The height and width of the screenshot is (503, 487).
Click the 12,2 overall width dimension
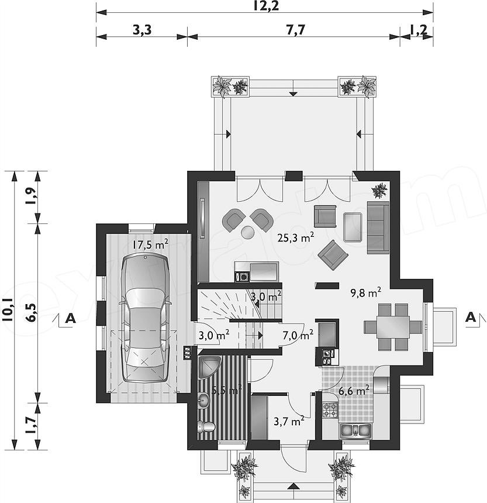(x=265, y=5)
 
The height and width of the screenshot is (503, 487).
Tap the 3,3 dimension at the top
(x=141, y=30)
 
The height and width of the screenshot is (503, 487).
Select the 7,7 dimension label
(x=295, y=30)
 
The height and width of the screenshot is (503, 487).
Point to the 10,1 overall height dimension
(x=7, y=309)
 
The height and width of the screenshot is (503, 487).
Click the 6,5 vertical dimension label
(x=32, y=313)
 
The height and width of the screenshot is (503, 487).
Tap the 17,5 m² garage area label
(x=150, y=245)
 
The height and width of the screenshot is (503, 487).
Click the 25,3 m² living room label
(x=296, y=238)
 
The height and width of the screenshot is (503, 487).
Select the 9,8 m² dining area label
(x=366, y=292)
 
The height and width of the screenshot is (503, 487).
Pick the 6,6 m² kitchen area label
(x=354, y=391)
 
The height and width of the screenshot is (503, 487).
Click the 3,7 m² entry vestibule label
(x=289, y=421)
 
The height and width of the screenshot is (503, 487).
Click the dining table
(x=393, y=327)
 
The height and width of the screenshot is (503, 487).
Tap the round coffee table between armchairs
(x=247, y=232)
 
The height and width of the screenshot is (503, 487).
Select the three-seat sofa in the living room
(x=378, y=228)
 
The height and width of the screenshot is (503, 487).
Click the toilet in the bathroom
(x=206, y=426)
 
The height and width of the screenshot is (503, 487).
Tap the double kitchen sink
(x=355, y=430)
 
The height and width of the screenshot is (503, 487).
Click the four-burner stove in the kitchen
(x=330, y=410)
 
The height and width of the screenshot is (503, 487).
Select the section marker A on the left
(x=70, y=318)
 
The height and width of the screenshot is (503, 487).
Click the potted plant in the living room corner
(x=379, y=190)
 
